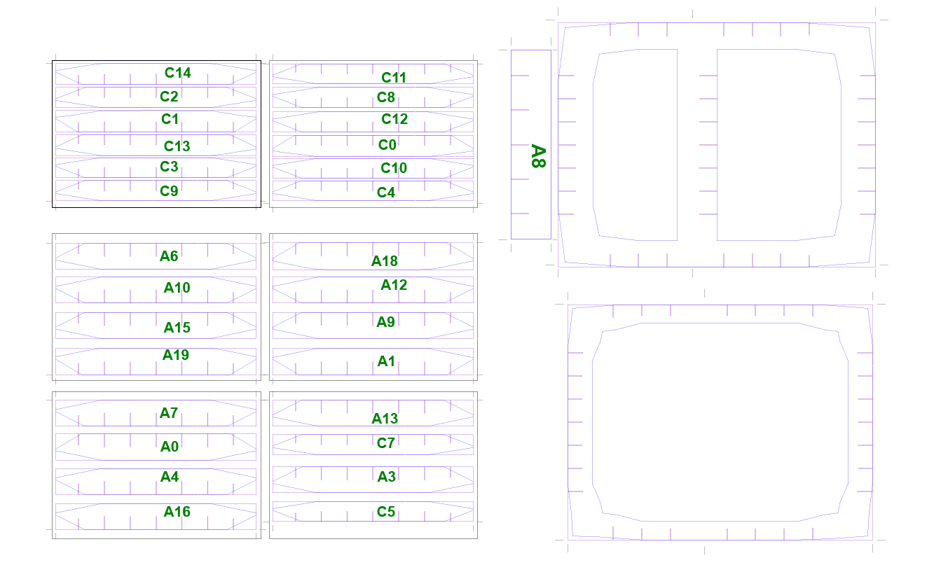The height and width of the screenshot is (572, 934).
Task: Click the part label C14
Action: pyautogui.click(x=178, y=73)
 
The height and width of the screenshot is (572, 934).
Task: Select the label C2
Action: pyautogui.click(x=169, y=97)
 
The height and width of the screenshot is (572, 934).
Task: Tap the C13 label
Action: pyautogui.click(x=177, y=146)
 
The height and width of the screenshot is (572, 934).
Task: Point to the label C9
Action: pyautogui.click(x=169, y=191)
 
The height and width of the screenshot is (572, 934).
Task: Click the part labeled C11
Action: pyautogui.click(x=394, y=78)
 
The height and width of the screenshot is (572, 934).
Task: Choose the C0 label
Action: pyautogui.click(x=387, y=145)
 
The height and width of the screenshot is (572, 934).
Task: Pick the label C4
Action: pyautogui.click(x=385, y=193)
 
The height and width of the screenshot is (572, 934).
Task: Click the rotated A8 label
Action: pyautogui.click(x=538, y=156)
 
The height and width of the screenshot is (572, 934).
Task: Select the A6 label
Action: pyautogui.click(x=169, y=256)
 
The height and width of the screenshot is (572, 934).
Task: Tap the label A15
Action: pyautogui.click(x=177, y=328)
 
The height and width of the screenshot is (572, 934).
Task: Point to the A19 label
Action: pyautogui.click(x=176, y=355)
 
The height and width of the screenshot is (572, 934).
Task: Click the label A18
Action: pyautogui.click(x=385, y=261)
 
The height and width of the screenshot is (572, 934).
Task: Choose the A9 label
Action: pyautogui.click(x=385, y=322)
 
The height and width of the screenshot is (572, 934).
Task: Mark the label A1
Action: pyautogui.click(x=385, y=361)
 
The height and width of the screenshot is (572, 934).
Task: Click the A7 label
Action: pyautogui.click(x=169, y=413)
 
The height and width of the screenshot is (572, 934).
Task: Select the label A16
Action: pyautogui.click(x=177, y=512)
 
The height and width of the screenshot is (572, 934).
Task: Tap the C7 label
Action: pyautogui.click(x=385, y=443)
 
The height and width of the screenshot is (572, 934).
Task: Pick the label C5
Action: pyautogui.click(x=385, y=512)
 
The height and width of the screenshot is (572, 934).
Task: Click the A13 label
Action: pyautogui.click(x=385, y=419)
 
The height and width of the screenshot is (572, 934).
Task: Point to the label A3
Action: pyautogui.click(x=386, y=477)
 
